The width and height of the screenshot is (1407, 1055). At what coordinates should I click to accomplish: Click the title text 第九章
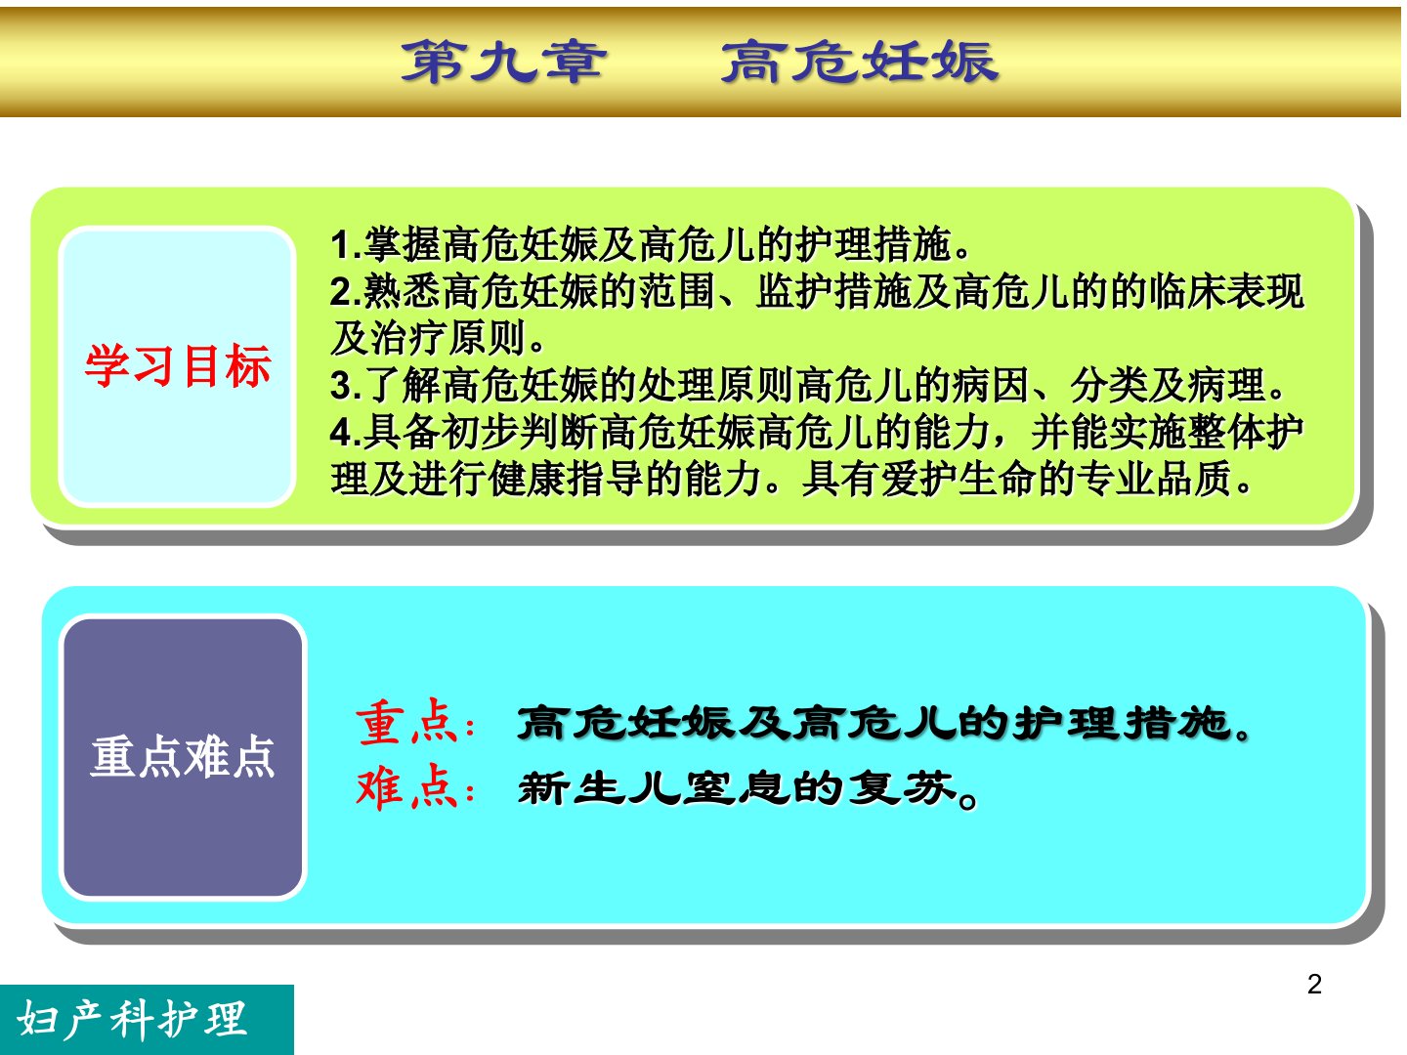(x=504, y=62)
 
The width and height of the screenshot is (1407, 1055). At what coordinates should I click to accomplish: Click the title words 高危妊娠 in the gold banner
(x=859, y=62)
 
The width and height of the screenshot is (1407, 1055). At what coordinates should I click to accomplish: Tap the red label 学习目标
(x=178, y=365)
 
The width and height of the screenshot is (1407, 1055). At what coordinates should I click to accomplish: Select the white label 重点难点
(x=183, y=756)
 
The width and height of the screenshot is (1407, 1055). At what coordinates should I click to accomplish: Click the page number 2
(x=1314, y=985)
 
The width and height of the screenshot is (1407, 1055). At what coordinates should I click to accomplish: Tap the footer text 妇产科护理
(x=131, y=1020)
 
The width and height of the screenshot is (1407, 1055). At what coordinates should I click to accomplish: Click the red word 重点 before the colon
(x=407, y=723)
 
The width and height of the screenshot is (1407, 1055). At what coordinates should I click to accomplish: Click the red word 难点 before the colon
(x=407, y=787)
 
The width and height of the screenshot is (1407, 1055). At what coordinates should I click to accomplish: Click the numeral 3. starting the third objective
(x=346, y=386)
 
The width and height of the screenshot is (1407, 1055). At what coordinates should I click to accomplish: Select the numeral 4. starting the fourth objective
(x=346, y=433)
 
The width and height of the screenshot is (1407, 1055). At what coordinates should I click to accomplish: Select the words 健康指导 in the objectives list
(x=566, y=479)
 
